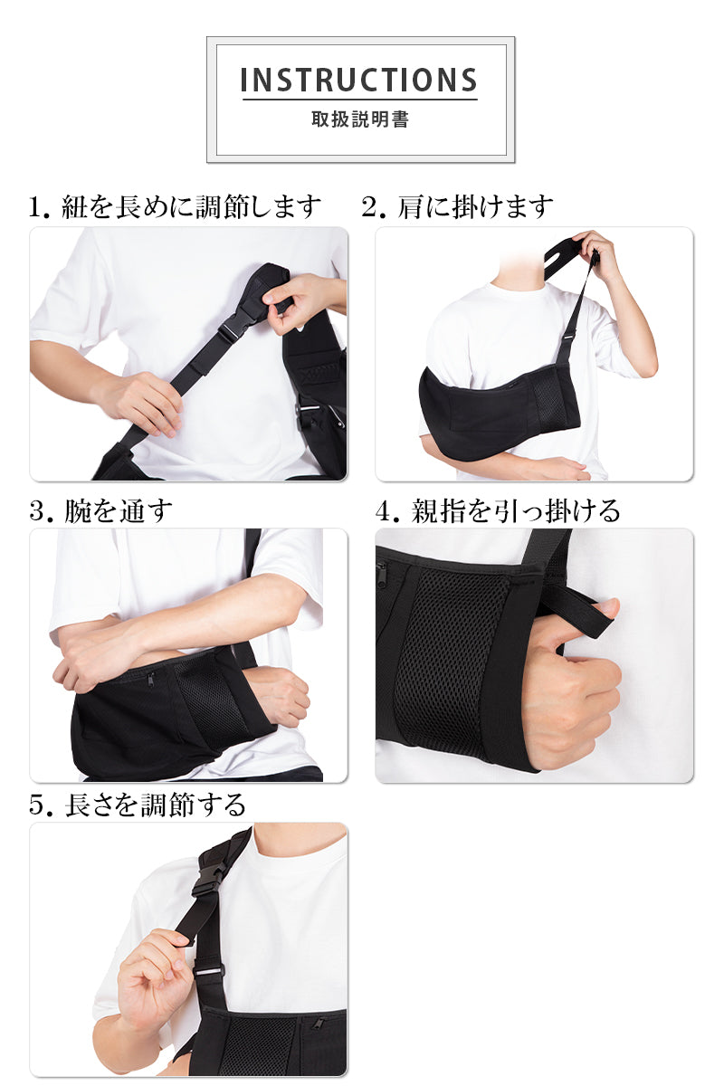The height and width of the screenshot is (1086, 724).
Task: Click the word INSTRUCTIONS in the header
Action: tap(359, 80)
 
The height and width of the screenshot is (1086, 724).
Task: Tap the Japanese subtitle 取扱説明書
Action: tap(360, 119)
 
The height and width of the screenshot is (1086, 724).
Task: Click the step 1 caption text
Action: tap(175, 207)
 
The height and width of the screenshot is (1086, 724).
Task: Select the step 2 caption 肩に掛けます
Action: tap(457, 207)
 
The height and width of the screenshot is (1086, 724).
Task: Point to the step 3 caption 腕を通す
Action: tap(100, 511)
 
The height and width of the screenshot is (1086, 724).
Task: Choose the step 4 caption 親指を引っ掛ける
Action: tap(498, 511)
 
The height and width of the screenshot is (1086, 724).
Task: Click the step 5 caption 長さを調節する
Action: tap(138, 805)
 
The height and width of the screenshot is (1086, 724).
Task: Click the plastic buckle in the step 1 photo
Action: tap(235, 329)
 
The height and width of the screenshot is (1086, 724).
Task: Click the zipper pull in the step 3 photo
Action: tap(151, 681)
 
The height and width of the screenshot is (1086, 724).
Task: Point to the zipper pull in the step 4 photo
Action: tap(382, 567)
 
